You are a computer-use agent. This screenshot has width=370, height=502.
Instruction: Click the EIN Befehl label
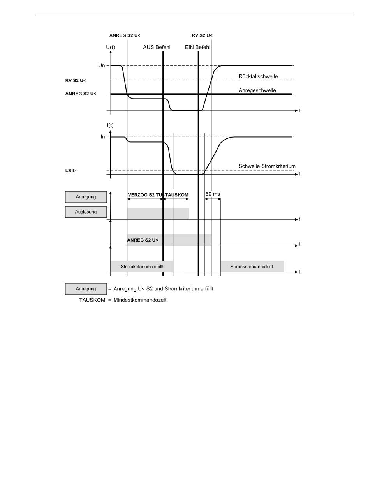197,48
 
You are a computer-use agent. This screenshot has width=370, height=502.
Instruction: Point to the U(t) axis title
111,48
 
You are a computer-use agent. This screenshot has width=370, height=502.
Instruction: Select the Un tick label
102,65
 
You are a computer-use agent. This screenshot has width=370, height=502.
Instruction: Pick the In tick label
103,137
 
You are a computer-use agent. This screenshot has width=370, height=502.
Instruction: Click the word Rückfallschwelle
258,76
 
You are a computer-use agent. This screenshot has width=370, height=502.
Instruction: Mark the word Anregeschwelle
257,90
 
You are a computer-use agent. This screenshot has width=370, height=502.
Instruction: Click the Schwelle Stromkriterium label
267,166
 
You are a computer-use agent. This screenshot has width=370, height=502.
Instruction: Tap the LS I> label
70,171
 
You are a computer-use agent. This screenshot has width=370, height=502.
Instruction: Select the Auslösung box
86,212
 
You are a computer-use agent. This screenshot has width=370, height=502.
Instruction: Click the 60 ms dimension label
213,194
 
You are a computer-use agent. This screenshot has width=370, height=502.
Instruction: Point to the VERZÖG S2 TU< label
144,195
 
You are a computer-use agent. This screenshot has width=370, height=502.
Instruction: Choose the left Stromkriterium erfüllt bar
142,267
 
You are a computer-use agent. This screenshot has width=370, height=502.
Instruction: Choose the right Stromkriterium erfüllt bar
252,267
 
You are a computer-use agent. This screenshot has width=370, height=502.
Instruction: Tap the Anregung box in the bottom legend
86,289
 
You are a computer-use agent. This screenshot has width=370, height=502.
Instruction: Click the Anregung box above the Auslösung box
86,197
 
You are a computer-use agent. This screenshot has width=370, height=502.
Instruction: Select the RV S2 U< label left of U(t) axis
76,81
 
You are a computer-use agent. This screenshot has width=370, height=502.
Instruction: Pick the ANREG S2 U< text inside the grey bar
143,240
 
